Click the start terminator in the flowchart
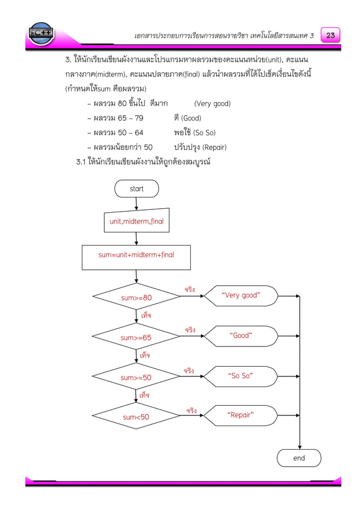pyautogui.click(x=137, y=188)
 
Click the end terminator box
pyautogui.click(x=298, y=458)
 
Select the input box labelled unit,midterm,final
pyautogui.click(x=137, y=221)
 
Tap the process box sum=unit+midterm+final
pyautogui.click(x=136, y=255)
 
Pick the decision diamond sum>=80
pyautogui.click(x=136, y=297)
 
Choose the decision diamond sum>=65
pyautogui.click(x=136, y=337)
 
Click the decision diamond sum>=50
pyautogui.click(x=136, y=377)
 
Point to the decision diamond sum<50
pyautogui.click(x=136, y=417)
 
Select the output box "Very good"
pyautogui.click(x=241, y=295)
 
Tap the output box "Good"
pyautogui.click(x=241, y=336)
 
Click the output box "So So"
pyautogui.click(x=240, y=376)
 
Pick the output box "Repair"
pyautogui.click(x=240, y=415)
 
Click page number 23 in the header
pyautogui.click(x=330, y=35)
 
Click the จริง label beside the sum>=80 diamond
pyautogui.click(x=190, y=289)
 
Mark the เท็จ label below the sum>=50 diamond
pyautogui.click(x=144, y=395)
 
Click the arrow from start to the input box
pyautogui.click(x=137, y=204)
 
